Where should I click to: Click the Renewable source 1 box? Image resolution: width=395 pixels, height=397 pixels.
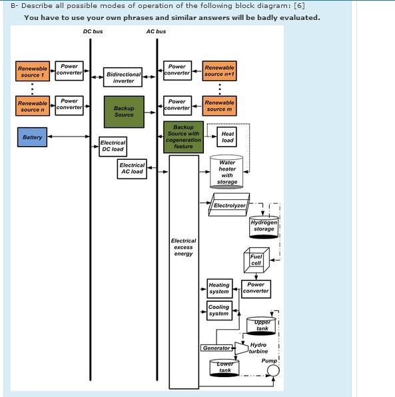[33, 72]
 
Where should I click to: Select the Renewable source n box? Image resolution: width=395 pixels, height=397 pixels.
[33, 106]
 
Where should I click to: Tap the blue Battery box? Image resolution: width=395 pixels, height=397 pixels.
[32, 138]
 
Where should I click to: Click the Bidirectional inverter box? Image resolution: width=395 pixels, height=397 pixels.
[123, 78]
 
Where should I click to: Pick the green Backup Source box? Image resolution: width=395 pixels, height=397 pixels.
[124, 111]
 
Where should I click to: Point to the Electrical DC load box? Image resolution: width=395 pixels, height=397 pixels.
[113, 146]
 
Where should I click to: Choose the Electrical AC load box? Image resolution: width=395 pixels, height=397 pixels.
[132, 169]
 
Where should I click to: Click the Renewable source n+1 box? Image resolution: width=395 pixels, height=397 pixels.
[219, 71]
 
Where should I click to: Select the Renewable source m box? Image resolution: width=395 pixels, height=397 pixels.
[219, 106]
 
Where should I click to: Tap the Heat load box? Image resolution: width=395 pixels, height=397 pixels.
[227, 137]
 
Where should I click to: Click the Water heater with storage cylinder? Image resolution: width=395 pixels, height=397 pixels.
[227, 172]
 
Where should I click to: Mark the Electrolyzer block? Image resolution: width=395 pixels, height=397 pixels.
[229, 205]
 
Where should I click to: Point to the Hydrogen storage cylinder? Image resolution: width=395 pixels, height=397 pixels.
[264, 226]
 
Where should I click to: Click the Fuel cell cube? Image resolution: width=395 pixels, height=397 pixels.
[256, 260]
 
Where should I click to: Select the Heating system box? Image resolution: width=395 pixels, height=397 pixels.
[219, 288]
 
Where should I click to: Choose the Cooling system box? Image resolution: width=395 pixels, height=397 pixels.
[219, 310]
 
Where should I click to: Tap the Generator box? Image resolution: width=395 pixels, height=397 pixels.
[216, 348]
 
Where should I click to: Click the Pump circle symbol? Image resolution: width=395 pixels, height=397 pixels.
[273, 371]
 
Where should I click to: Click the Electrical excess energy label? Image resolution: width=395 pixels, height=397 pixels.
[184, 247]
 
